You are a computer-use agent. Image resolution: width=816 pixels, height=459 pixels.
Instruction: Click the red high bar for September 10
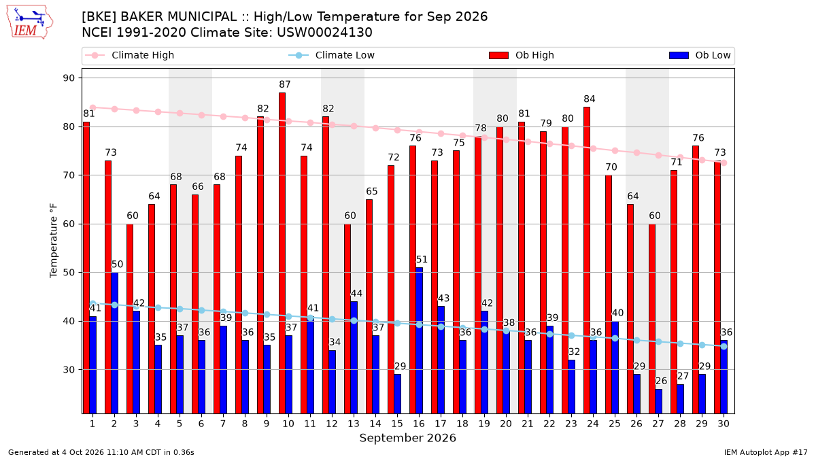pyautogui.click(x=282, y=253)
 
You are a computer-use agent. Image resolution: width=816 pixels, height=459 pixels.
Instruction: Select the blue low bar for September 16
pyautogui.click(x=420, y=341)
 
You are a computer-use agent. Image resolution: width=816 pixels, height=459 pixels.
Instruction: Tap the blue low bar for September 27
pyautogui.click(x=659, y=401)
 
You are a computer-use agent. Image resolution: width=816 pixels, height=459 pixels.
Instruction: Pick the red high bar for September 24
pyautogui.click(x=586, y=260)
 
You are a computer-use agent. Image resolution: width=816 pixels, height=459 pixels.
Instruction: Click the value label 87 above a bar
pyautogui.click(x=285, y=84)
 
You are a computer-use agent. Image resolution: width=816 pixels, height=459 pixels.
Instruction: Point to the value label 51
pyautogui.click(x=422, y=259)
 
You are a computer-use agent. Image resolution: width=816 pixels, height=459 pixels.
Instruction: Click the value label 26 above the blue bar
pyautogui.click(x=661, y=381)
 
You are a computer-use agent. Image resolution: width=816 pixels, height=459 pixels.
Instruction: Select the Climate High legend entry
pyautogui.click(x=130, y=55)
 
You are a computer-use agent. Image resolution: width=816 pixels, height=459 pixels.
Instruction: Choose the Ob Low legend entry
pyautogui.click(x=700, y=55)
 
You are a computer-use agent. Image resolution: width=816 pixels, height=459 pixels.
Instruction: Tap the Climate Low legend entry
pyautogui.click(x=332, y=55)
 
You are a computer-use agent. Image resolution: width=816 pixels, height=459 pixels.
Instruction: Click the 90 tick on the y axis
pyautogui.click(x=69, y=78)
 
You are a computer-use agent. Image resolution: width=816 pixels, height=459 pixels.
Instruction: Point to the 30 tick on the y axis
pyautogui.click(x=69, y=370)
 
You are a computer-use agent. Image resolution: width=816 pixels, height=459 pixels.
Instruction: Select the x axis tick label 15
pyautogui.click(x=397, y=424)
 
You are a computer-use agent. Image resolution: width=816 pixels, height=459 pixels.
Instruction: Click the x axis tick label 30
pyautogui.click(x=724, y=424)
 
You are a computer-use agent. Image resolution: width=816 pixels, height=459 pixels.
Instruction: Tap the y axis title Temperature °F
pyautogui.click(x=54, y=241)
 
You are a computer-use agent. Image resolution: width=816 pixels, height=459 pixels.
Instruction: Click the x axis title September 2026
pyautogui.click(x=407, y=438)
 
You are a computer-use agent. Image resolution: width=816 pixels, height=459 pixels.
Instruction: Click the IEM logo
pyautogui.click(x=30, y=22)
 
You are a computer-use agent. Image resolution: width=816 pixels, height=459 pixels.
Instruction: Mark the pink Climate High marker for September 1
pyautogui.click(x=93, y=107)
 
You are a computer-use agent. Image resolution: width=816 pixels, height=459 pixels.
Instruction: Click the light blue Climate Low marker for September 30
pyautogui.click(x=724, y=346)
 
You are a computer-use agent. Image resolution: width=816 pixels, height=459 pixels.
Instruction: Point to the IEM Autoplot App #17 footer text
pyautogui.click(x=766, y=452)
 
